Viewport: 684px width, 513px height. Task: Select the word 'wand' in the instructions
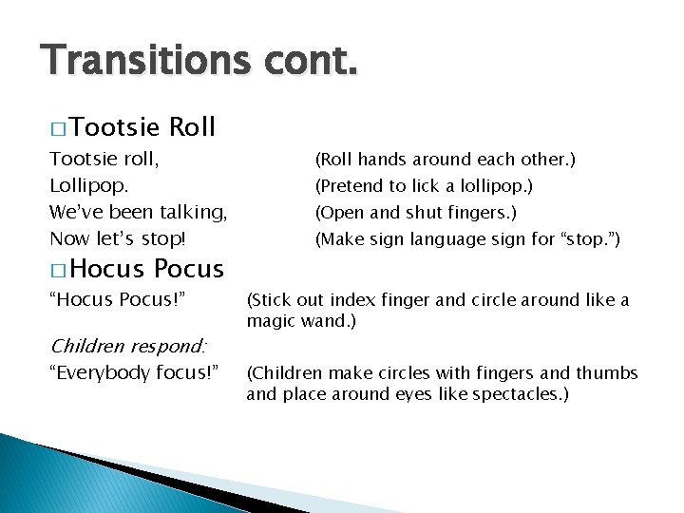coord(319,322)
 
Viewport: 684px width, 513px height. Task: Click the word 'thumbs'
coord(609,372)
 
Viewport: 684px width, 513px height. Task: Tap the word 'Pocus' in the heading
coord(188,269)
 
